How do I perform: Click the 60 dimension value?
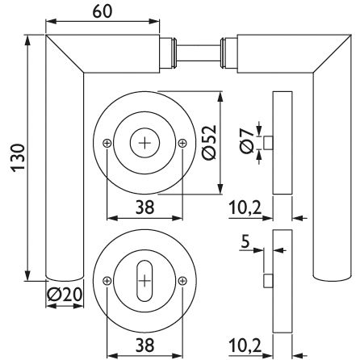pyautogui.click(x=103, y=12)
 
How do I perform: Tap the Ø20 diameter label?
pyautogui.click(x=65, y=295)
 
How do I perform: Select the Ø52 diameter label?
pyautogui.click(x=209, y=142)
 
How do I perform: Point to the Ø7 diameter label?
pyautogui.click(x=247, y=140)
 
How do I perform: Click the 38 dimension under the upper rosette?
pyautogui.click(x=144, y=207)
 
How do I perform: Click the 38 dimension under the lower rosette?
pyautogui.click(x=144, y=345)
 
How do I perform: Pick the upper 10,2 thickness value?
pyautogui.click(x=245, y=208)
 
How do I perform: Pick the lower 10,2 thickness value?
pyautogui.click(x=245, y=345)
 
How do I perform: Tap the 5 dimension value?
pyautogui.click(x=245, y=241)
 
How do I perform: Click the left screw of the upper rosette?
pyautogui.click(x=107, y=143)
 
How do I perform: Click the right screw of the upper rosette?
pyautogui.click(x=182, y=143)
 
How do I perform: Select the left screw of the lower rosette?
pyautogui.click(x=107, y=281)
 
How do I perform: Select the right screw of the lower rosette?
pyautogui.click(x=182, y=281)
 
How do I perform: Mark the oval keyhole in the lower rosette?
pyautogui.click(x=144, y=281)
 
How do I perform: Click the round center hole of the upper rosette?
pyautogui.click(x=144, y=143)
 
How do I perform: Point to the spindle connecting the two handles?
pyautogui.click(x=199, y=54)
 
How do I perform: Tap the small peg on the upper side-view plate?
pyautogui.click(x=268, y=143)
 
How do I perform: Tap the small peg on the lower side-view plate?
pyautogui.click(x=268, y=281)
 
